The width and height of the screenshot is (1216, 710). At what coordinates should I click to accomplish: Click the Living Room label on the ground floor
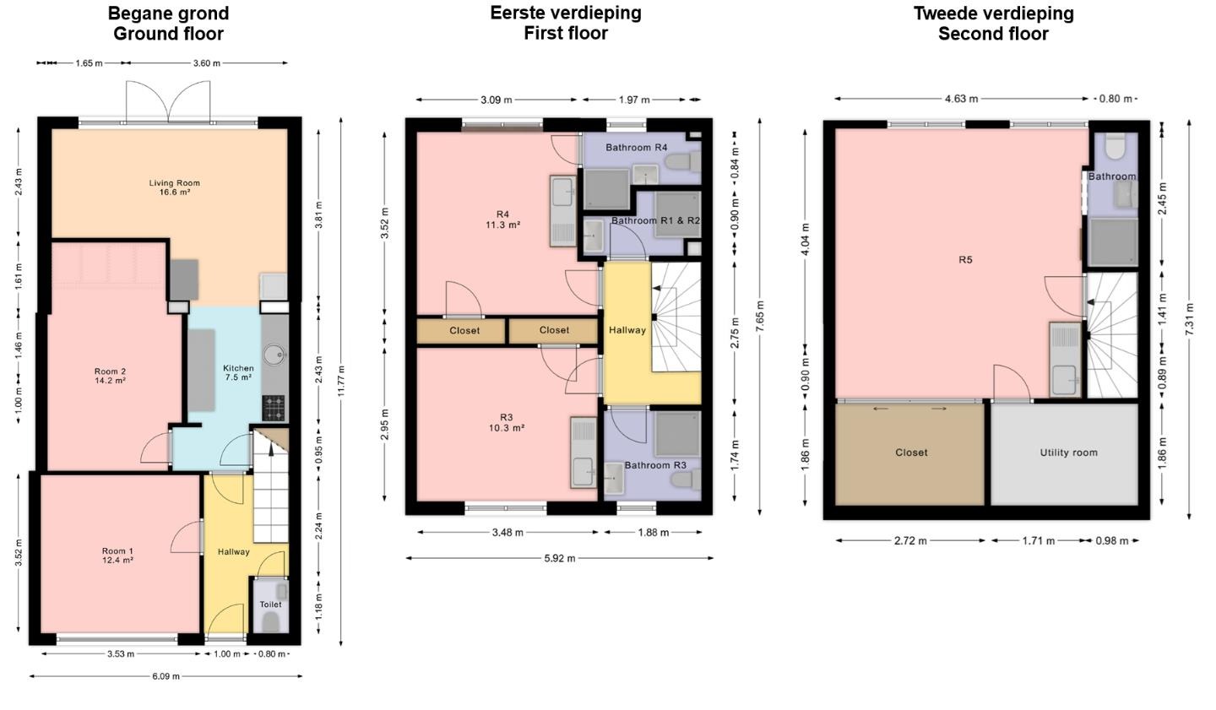pyautogui.click(x=174, y=187)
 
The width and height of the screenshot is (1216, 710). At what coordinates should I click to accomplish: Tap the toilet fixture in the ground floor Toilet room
pyautogui.click(x=270, y=621)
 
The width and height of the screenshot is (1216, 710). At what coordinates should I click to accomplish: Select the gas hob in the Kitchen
pyautogui.click(x=274, y=408)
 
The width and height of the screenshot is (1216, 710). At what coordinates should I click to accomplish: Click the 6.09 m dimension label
pyautogui.click(x=166, y=676)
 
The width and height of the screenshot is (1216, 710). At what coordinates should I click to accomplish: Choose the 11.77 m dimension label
pyautogui.click(x=341, y=381)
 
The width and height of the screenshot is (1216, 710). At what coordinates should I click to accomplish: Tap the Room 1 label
pyautogui.click(x=118, y=556)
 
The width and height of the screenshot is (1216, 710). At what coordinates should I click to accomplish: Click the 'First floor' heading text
pyautogui.click(x=566, y=33)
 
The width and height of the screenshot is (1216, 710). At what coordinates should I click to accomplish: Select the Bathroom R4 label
pyautogui.click(x=636, y=147)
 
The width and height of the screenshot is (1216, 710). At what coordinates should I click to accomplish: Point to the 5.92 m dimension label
pyautogui.click(x=560, y=558)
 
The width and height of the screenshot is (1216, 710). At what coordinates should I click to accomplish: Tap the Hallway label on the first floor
pyautogui.click(x=627, y=330)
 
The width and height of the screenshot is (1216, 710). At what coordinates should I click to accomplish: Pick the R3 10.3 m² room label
pyautogui.click(x=507, y=422)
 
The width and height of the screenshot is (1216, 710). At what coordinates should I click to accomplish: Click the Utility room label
pyautogui.click(x=1068, y=453)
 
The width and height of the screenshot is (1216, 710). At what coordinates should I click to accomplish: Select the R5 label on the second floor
pyautogui.click(x=965, y=259)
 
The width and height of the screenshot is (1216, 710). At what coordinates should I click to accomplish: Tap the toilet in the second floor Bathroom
pyautogui.click(x=1115, y=146)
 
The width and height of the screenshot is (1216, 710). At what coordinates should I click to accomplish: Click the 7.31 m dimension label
pyautogui.click(x=1190, y=319)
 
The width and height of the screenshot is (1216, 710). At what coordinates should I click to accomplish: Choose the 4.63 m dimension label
pyautogui.click(x=961, y=99)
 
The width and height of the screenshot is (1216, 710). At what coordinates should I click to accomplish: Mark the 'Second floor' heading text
pyautogui.click(x=993, y=34)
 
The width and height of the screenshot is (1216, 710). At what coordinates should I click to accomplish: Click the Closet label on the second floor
pyautogui.click(x=911, y=453)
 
